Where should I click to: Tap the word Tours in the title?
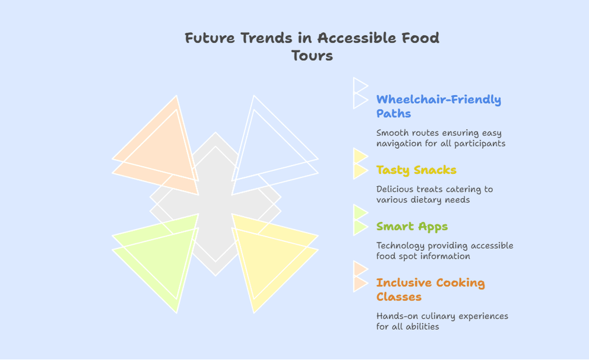coord(312,56)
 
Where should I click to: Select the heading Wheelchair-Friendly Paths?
coord(439,106)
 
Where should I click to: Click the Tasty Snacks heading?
coord(416,170)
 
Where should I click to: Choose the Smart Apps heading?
coord(412,227)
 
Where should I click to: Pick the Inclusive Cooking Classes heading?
coord(431,290)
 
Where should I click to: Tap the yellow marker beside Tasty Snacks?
coord(360,164)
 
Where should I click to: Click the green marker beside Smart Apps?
coord(360,220)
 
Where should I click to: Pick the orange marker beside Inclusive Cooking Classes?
coord(360,277)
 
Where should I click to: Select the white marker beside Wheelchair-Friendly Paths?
coord(360,93)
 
